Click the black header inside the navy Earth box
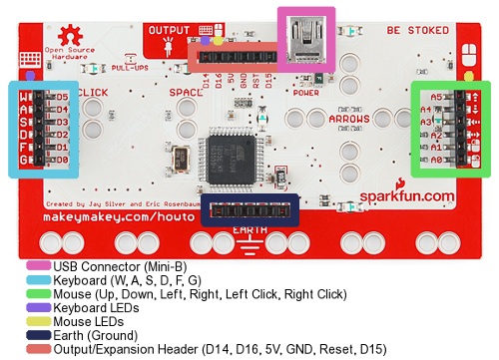pos(249,211)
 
